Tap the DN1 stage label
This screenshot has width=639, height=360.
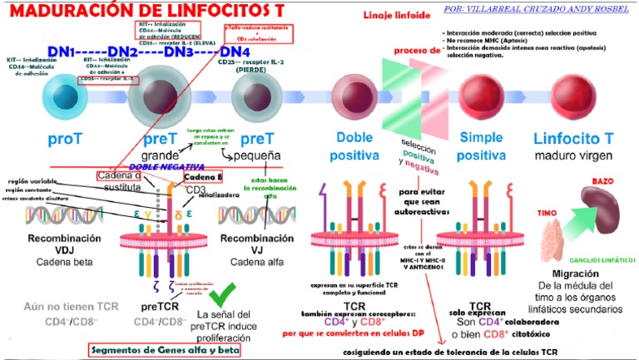click(63, 52)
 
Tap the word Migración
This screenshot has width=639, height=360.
click(575, 274)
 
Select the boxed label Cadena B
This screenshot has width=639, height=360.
click(204, 177)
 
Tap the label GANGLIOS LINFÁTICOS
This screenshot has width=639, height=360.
click(598, 259)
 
